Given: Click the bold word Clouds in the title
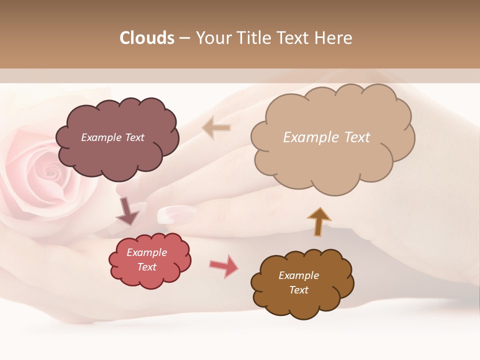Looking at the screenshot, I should [x=147, y=38].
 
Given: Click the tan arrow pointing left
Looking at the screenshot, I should [x=216, y=127].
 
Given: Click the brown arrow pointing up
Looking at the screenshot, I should [x=318, y=220].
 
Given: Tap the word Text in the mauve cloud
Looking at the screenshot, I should [x=134, y=137].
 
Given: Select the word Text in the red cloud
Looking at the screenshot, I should [x=147, y=267].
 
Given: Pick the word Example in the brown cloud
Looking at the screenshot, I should [x=298, y=275].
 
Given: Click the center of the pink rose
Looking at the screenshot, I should [x=50, y=172].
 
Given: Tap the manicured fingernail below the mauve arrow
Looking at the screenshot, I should [x=175, y=214].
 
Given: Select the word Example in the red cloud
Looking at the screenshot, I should [x=147, y=252].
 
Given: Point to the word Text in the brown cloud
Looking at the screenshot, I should [x=299, y=290].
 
